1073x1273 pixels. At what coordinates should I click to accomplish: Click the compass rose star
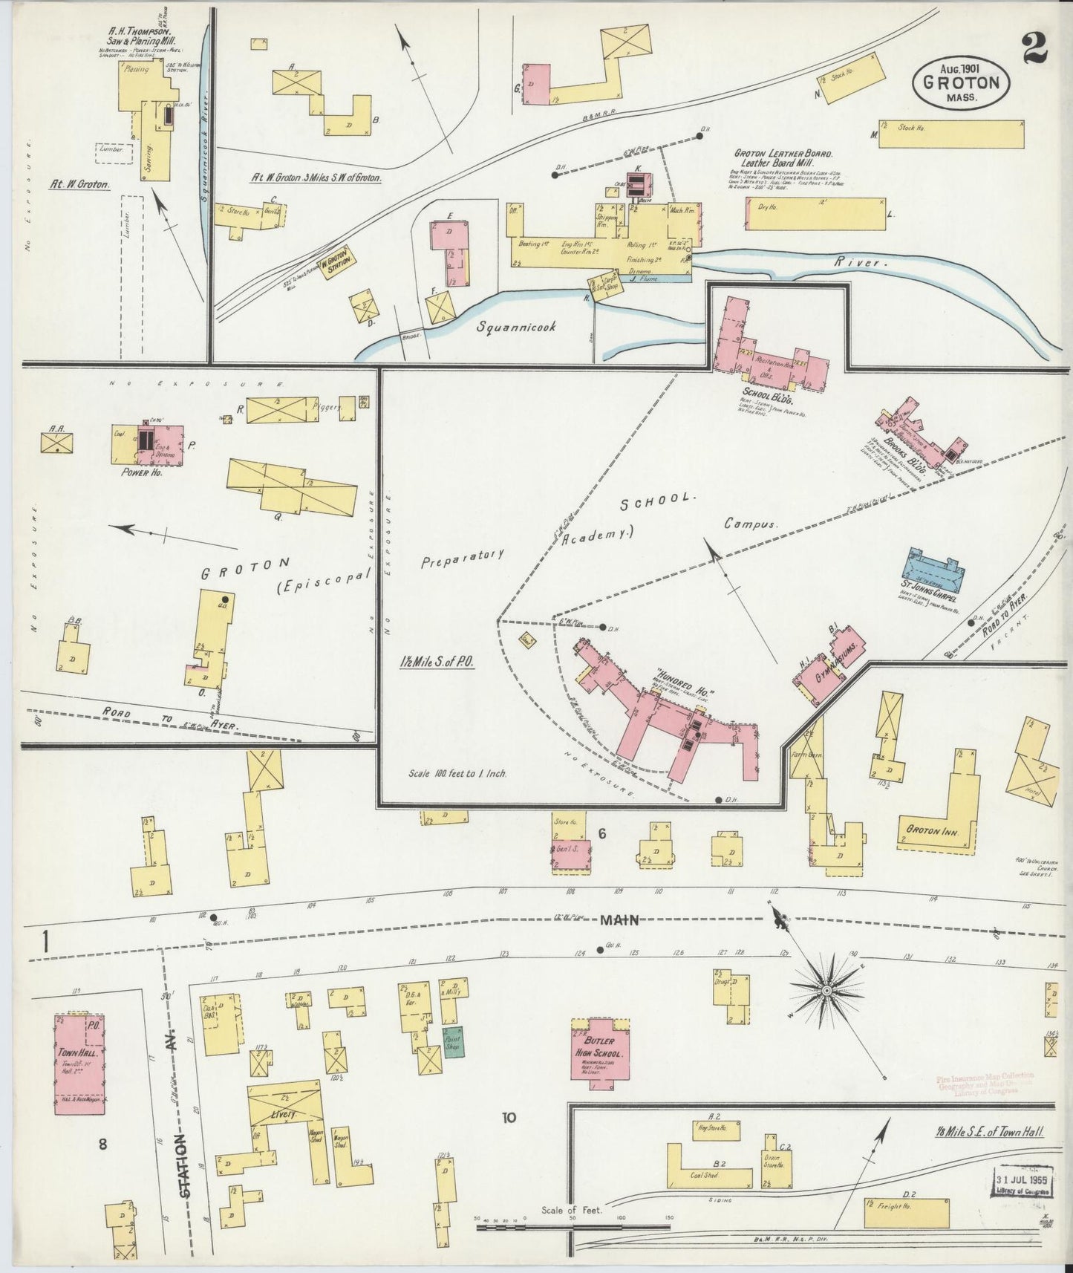(x=826, y=990)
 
